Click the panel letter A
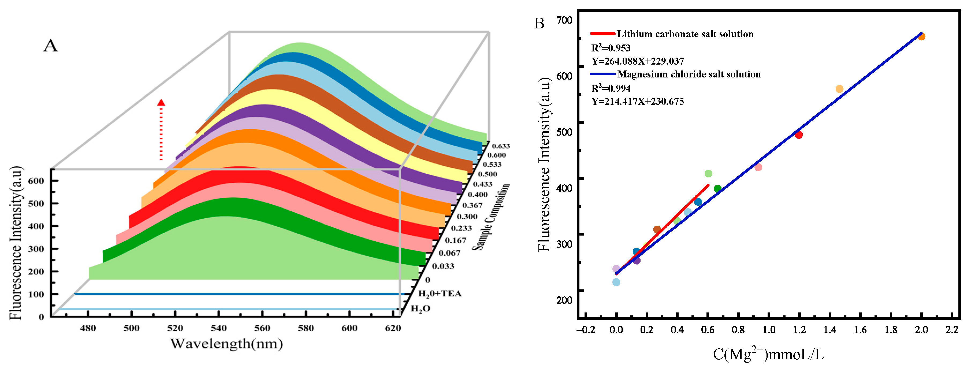pos(50,46)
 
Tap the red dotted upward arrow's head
pos(161,102)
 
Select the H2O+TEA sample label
pos(440,294)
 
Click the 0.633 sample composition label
pos(501,146)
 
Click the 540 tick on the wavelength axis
pos(219,328)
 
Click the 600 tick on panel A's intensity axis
pos(36,181)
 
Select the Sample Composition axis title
pos(491,217)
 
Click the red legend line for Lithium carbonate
pos(602,33)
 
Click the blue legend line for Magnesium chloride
pos(602,74)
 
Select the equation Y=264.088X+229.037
pos(637,61)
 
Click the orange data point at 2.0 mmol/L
pos(921,36)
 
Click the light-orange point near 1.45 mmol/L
pos(839,89)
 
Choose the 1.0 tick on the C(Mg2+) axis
pos(769,330)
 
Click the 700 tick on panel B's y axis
pos(564,20)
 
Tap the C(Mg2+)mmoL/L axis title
pos(768,354)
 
